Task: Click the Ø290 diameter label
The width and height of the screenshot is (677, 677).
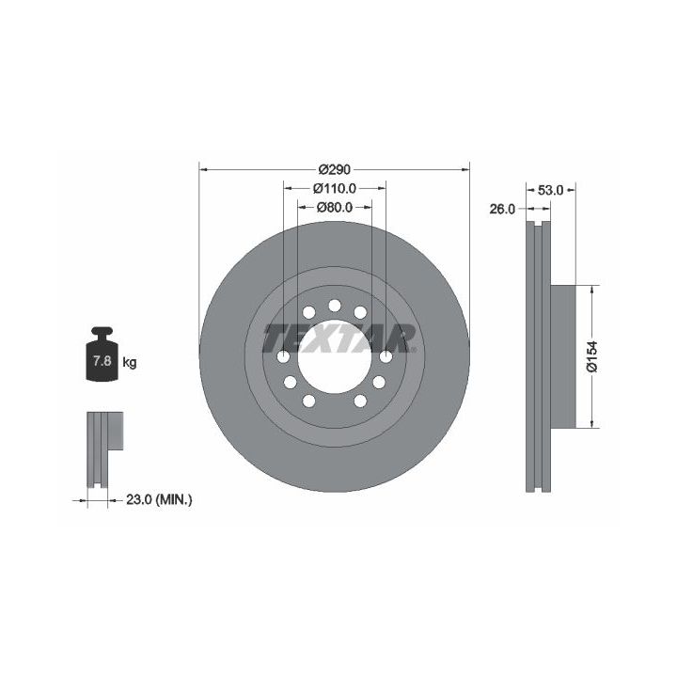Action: pyautogui.click(x=334, y=169)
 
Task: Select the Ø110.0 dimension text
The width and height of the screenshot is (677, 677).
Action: pyautogui.click(x=335, y=188)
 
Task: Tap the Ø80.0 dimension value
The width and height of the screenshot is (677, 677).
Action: pyautogui.click(x=335, y=207)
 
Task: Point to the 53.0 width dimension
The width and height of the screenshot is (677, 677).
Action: pyautogui.click(x=550, y=190)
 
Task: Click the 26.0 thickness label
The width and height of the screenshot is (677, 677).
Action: pyautogui.click(x=502, y=209)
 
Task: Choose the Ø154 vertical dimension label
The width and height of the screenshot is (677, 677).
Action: pyautogui.click(x=592, y=356)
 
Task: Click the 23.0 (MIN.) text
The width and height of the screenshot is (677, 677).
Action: pyautogui.click(x=159, y=500)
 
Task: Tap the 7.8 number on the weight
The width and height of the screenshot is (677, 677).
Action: pyautogui.click(x=102, y=360)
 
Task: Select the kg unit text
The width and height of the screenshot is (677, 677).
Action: pyautogui.click(x=130, y=362)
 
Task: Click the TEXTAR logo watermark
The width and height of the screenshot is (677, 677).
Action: pyautogui.click(x=339, y=338)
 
